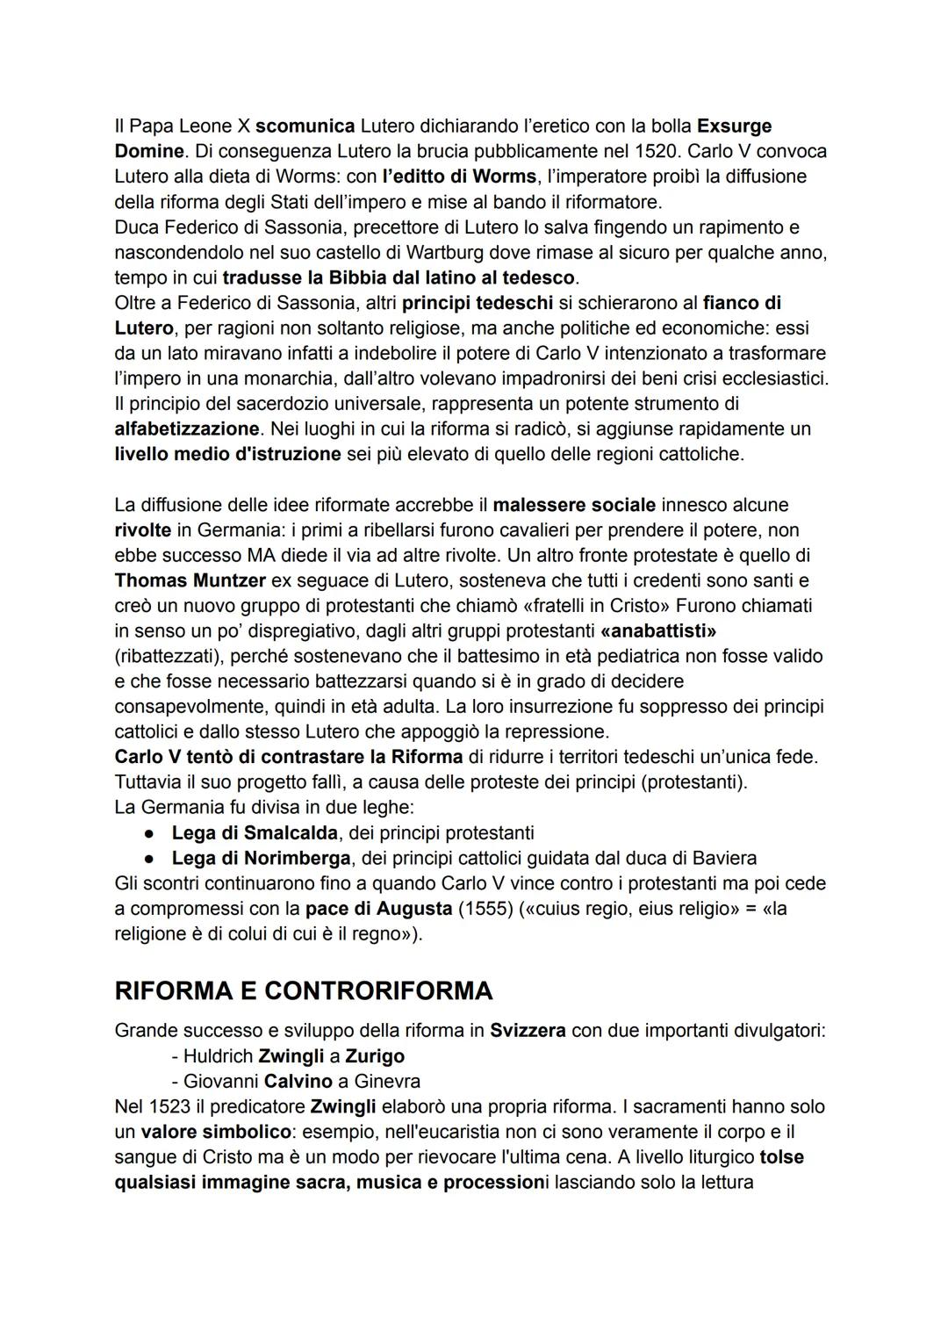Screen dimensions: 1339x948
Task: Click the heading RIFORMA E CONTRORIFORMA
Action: coord(303,990)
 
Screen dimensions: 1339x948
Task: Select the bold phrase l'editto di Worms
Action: coord(459,176)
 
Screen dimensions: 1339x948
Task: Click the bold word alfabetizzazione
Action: coord(187,429)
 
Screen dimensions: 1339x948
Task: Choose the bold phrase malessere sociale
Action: coord(574,505)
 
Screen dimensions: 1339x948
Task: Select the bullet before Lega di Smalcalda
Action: coord(150,832)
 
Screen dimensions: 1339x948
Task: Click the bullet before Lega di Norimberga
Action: coord(150,858)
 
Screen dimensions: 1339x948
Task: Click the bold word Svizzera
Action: coord(528,1031)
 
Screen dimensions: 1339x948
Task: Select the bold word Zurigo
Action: coord(375,1056)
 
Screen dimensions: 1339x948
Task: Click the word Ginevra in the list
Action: coord(386,1082)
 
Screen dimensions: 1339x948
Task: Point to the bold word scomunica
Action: coord(305,126)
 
